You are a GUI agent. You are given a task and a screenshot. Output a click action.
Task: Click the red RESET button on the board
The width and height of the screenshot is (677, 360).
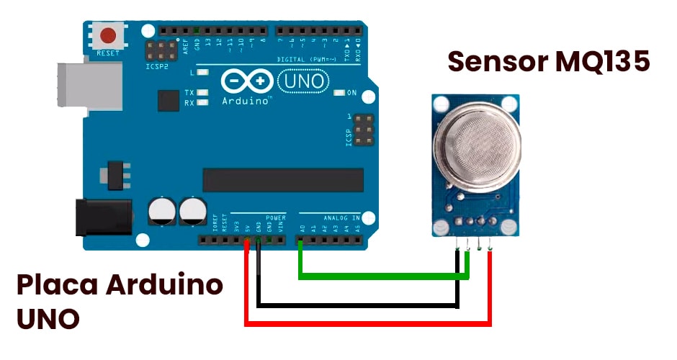[108, 35]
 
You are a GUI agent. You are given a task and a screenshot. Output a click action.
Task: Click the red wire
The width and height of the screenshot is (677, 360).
[367, 323]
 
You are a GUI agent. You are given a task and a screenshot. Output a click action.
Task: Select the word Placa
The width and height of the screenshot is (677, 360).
[57, 285]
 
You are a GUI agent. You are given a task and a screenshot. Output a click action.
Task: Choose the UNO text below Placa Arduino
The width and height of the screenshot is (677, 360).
[48, 319]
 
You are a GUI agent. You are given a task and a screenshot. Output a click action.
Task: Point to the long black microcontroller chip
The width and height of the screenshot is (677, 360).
[283, 180]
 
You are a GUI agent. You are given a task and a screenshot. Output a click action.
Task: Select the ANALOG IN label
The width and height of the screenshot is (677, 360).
[341, 217]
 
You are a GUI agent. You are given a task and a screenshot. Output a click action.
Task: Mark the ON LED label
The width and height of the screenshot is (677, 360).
[351, 93]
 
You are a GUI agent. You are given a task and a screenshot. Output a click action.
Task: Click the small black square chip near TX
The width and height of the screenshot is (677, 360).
[168, 101]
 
